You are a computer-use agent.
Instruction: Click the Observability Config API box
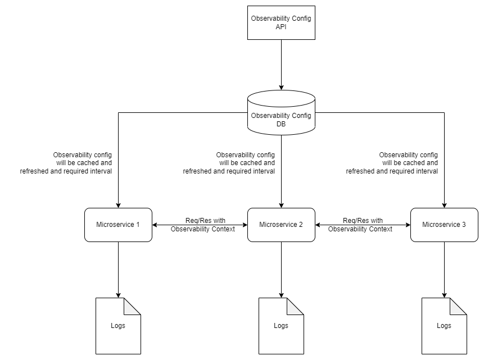coord(281,22)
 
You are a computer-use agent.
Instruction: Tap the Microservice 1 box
coord(118,225)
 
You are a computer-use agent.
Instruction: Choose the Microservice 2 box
coord(281,225)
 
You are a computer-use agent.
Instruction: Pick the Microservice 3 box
coord(444,225)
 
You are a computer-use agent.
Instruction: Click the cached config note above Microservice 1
coord(66,163)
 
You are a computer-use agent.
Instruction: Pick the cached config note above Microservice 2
coord(229,163)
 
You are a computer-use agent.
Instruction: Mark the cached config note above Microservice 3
coord(392,163)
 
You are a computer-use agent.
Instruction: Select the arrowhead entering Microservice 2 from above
coord(281,204)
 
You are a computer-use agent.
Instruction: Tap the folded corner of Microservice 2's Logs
coord(296,306)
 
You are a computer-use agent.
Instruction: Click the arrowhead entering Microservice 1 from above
coord(118,204)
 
